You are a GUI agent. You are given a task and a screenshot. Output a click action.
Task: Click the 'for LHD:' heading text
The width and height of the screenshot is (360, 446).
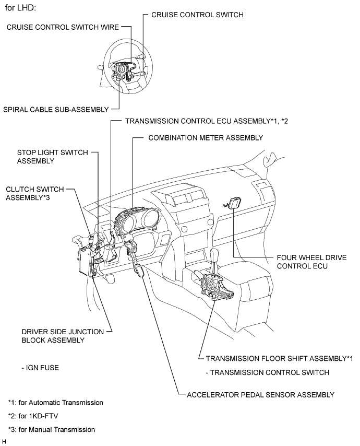(x=20, y=9)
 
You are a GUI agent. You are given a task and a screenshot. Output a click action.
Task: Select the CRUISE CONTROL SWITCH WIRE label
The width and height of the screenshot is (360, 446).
(x=63, y=27)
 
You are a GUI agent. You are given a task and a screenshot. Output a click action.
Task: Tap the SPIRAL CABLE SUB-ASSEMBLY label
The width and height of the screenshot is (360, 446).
(x=56, y=109)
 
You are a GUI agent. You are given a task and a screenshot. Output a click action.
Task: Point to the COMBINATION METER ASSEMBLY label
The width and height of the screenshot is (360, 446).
(x=206, y=137)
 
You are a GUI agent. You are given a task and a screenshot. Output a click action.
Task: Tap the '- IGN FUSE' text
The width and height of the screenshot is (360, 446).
(x=40, y=368)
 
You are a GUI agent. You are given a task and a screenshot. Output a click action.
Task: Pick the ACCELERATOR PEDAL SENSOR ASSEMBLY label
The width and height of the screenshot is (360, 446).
(x=260, y=394)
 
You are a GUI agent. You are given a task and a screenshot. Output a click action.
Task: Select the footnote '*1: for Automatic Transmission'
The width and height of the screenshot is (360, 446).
(x=55, y=403)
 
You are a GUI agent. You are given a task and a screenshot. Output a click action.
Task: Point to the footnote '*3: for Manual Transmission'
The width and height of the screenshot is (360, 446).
(x=52, y=429)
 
